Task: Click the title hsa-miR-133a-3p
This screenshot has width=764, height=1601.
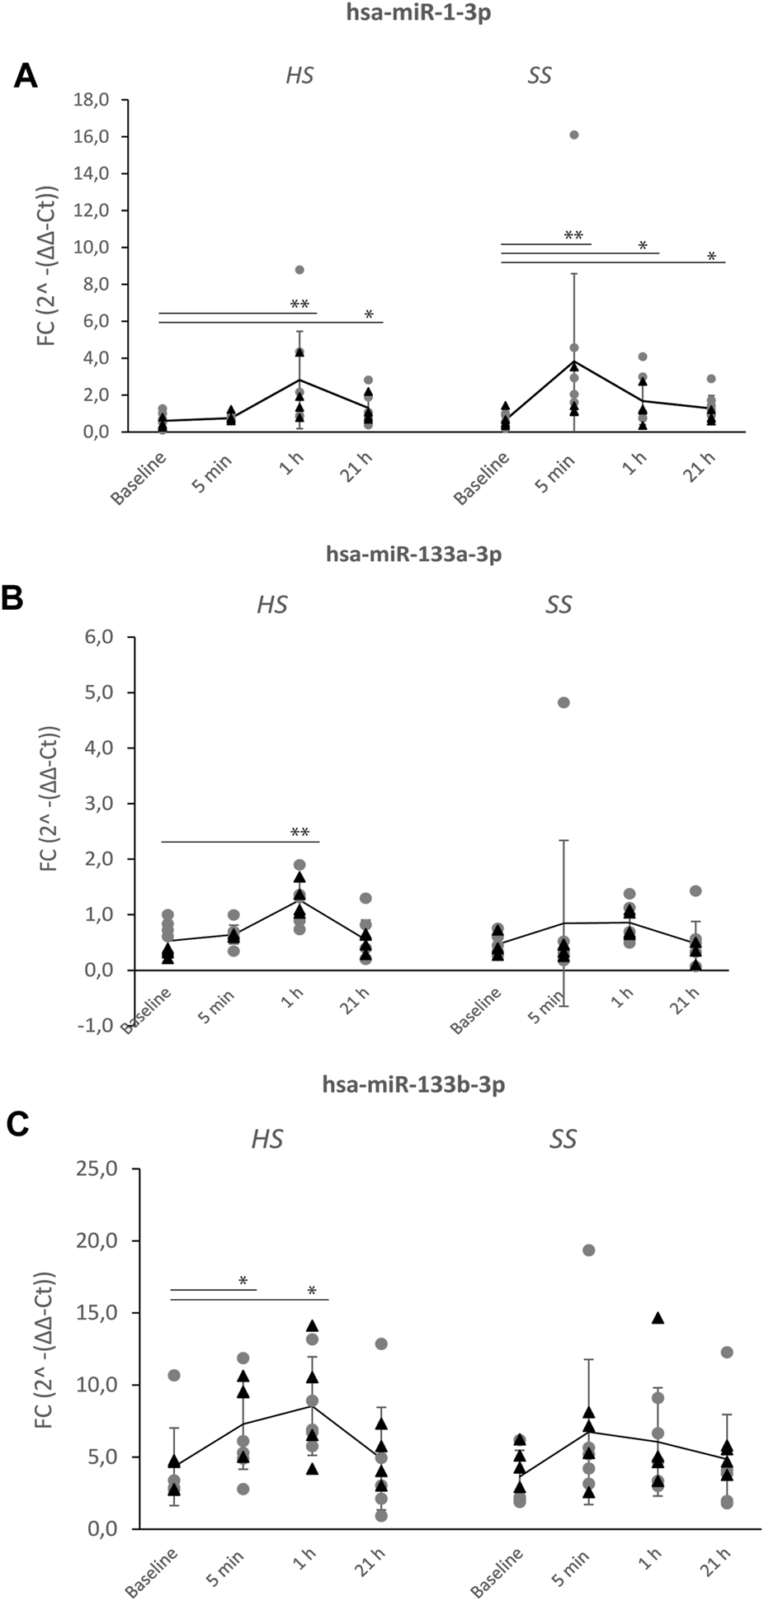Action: pos(412,554)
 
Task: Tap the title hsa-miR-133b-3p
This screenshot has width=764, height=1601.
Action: pos(413,1084)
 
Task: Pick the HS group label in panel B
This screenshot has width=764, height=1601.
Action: pos(272,604)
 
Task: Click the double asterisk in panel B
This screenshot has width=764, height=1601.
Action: pos(299,833)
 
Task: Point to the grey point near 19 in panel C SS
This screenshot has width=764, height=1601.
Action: pos(588,1249)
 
